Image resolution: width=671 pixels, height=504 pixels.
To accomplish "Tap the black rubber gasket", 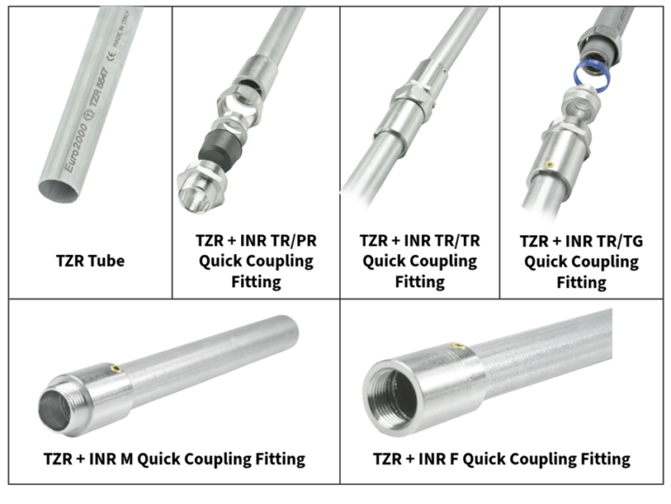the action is [221, 149].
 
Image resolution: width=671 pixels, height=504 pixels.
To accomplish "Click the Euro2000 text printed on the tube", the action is [76, 148].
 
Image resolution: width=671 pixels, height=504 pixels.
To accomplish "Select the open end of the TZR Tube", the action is [59, 190].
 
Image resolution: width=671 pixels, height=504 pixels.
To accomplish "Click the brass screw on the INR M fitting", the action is [115, 369].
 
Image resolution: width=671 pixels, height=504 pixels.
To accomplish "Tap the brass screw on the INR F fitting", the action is [459, 346].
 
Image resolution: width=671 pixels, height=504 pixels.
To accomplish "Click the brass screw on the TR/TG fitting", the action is [550, 164].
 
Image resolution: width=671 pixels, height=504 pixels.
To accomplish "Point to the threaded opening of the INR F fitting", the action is [391, 398].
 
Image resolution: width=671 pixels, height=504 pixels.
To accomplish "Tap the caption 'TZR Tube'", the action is [90, 260].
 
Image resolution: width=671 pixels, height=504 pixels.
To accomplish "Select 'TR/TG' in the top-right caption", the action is [619, 241].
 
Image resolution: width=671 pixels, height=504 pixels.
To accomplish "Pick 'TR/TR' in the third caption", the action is [457, 240].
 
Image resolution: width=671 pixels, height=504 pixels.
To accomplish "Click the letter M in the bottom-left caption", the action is [127, 459].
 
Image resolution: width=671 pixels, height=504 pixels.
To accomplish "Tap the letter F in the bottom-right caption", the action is [453, 459].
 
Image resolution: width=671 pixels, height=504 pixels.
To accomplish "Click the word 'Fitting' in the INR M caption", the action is [280, 459].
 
